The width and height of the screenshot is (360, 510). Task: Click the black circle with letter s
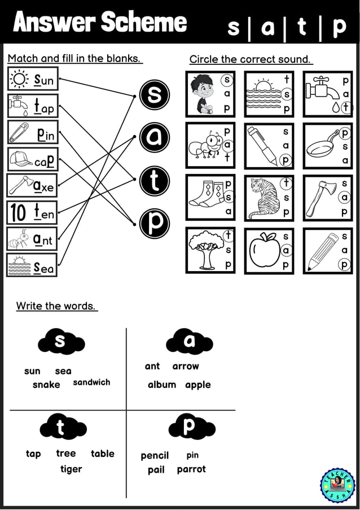tap(154, 95)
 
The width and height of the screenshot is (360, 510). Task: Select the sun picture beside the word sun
tap(20, 79)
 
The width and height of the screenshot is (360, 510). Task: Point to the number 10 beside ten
tap(18, 213)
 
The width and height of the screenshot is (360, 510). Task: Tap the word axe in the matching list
tap(43, 186)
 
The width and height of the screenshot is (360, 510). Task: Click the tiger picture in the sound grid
tap(262, 198)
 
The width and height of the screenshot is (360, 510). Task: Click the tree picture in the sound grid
tap(204, 251)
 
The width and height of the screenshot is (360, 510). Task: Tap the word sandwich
tap(91, 382)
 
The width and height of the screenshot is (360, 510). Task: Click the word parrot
tap(191, 469)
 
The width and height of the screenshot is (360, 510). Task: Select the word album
tap(162, 385)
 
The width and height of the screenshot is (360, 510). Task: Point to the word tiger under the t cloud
tap(71, 469)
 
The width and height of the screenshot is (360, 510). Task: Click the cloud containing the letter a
tap(189, 342)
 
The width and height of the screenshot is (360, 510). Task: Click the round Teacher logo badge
tap(338, 485)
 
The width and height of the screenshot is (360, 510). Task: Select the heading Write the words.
tap(56, 306)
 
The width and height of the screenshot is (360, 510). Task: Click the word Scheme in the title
tap(144, 23)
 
